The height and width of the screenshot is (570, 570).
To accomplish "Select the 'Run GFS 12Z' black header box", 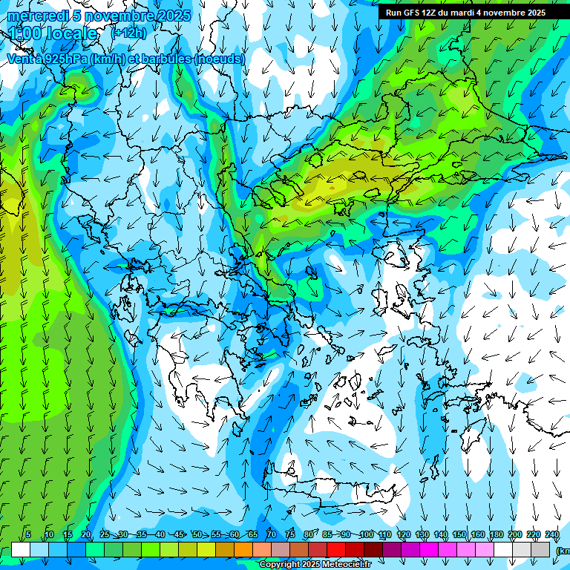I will click(465, 13).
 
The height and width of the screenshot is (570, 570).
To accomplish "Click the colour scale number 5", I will click(27, 534).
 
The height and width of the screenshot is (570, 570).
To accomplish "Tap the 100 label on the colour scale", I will click(366, 534).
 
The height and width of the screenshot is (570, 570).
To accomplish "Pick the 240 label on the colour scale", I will click(551, 534).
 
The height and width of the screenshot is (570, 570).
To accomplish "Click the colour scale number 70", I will click(271, 534).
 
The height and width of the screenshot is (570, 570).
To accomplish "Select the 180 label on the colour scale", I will click(496, 534).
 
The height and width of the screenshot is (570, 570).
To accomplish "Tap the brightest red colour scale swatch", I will click(336, 549).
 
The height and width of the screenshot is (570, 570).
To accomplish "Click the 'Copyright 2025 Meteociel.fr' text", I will click(315, 565).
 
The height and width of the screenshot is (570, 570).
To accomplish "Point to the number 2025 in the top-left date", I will click(170, 16).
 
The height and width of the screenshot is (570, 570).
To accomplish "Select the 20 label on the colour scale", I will click(85, 534).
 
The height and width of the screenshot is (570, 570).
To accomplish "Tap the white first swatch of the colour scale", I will click(21, 549).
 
